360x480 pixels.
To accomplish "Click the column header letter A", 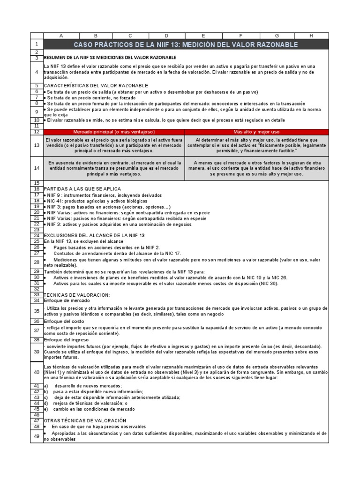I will pos(61,36).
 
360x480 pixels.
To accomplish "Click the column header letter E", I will pos(203,36).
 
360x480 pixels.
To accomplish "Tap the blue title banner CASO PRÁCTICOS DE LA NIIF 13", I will pos(186,45).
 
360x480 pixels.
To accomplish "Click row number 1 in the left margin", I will pos(37,45).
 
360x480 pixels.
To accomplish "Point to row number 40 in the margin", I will pos(37,372).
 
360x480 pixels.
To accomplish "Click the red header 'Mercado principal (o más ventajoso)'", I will pos(114,132).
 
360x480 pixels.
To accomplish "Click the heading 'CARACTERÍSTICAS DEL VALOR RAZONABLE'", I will pos(96,86).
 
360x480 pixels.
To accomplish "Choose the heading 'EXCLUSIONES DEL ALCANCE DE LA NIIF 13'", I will pos(94,235).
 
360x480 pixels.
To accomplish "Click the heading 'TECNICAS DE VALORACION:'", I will pos(77,294).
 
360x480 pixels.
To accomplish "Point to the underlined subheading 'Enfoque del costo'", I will pos(64,321).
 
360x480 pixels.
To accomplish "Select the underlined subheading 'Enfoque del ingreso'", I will pos(66,339).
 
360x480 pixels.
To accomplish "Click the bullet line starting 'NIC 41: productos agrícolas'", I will pos(90,201).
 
